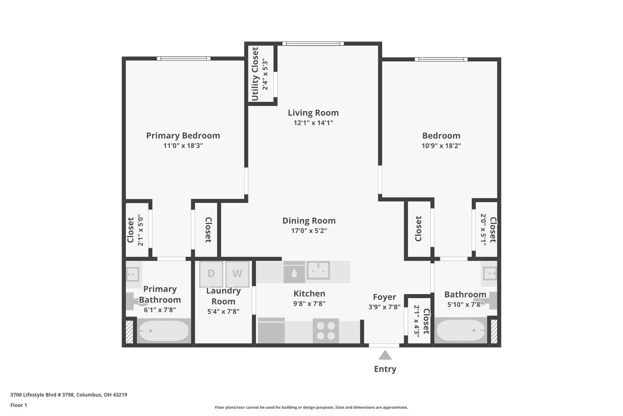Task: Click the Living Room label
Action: coord(313,112)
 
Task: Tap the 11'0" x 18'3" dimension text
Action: coord(183,146)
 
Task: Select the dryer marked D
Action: coord(211,273)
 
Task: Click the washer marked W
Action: coord(237,273)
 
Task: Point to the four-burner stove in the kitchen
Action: coord(326,331)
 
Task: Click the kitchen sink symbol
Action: coord(318,270)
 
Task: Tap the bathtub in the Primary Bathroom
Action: coord(164,331)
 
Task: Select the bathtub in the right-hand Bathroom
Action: coord(461,330)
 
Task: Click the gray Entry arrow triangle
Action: coord(385,355)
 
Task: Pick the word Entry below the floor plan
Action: coord(385,369)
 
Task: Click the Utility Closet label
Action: coord(255,74)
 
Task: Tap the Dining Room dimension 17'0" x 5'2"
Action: coord(309,231)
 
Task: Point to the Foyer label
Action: coord(384,297)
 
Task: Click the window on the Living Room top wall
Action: coord(313,44)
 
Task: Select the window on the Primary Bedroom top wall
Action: coord(183,59)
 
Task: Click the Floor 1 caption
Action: coord(18,405)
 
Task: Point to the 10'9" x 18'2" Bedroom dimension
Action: coord(441,146)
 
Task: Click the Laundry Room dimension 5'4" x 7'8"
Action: coord(223,311)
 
